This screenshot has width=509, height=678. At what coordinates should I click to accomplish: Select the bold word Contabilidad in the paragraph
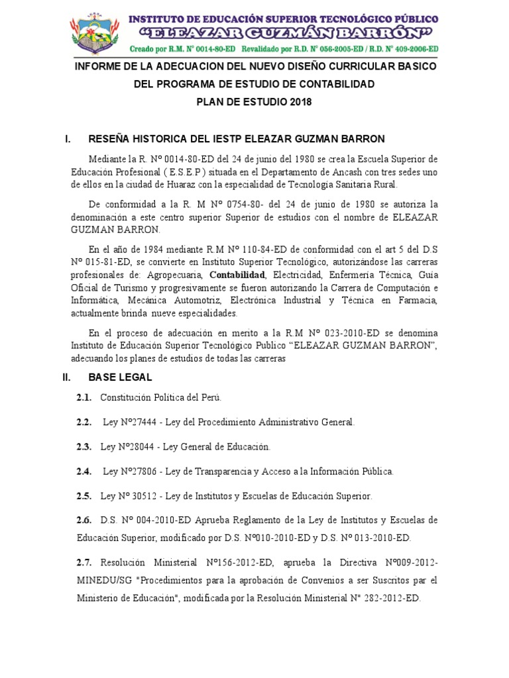pyautogui.click(x=238, y=274)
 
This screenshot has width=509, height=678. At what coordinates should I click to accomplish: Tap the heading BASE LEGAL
pyautogui.click(x=120, y=377)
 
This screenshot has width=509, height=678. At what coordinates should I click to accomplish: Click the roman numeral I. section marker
pyautogui.click(x=68, y=139)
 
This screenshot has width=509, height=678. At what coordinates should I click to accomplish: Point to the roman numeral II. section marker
pyautogui.click(x=68, y=377)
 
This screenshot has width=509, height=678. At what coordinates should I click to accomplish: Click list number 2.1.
pyautogui.click(x=84, y=398)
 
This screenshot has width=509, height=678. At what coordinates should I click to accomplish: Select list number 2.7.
pyautogui.click(x=84, y=563)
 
